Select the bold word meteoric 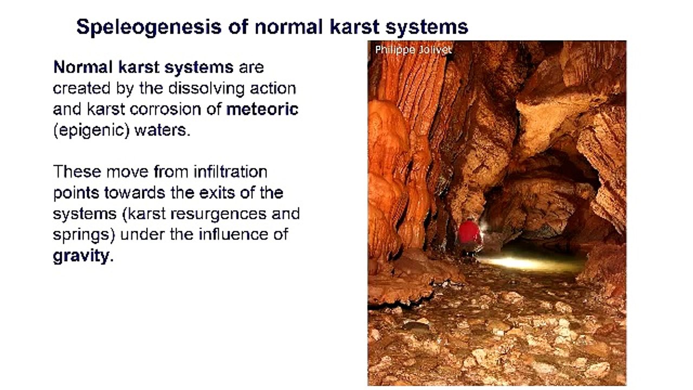point(262,109)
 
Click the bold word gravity point(81,255)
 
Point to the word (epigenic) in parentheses point(89,131)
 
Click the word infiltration point(230,172)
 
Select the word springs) point(84,235)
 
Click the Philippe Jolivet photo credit point(413,49)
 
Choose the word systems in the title point(431,27)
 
